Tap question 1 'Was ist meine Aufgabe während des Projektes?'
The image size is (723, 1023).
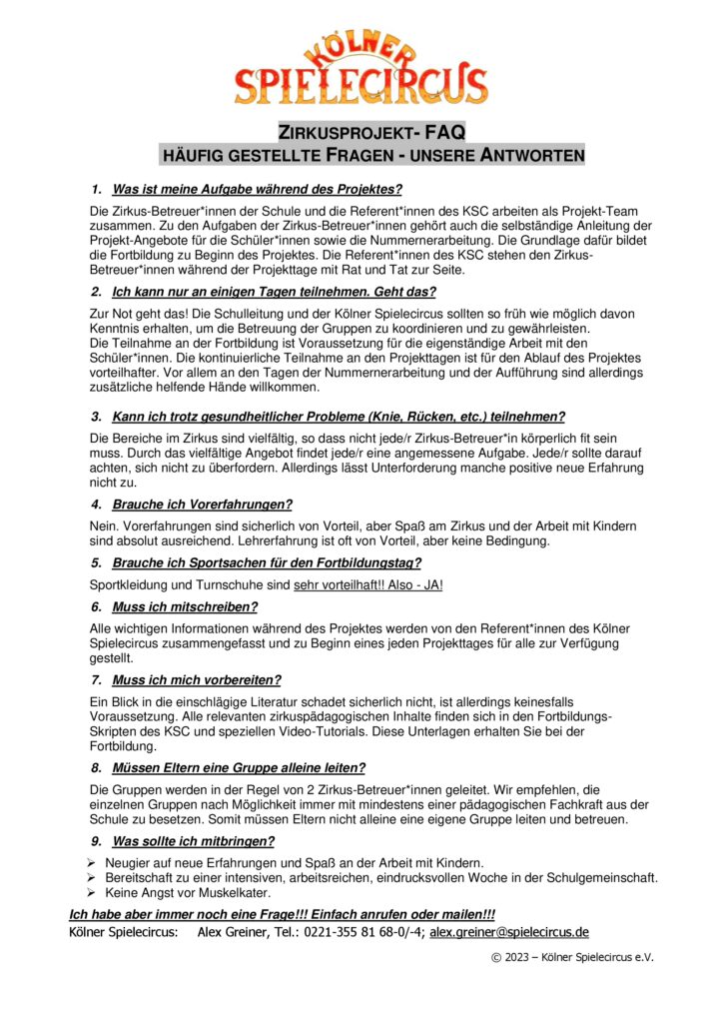point(257,189)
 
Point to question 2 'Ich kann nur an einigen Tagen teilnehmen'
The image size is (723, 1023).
point(274,292)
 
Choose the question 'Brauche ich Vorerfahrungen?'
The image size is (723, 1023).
point(202,505)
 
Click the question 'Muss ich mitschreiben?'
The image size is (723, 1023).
point(185,606)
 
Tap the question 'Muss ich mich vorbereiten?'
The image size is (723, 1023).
point(196,680)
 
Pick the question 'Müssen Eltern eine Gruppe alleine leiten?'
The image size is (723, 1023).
point(238,768)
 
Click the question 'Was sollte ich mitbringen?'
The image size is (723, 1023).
point(193,841)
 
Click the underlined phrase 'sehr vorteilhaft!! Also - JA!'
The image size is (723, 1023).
point(367,584)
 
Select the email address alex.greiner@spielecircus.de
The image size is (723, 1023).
point(509,932)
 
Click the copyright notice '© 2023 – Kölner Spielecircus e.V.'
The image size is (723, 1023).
point(572,957)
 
